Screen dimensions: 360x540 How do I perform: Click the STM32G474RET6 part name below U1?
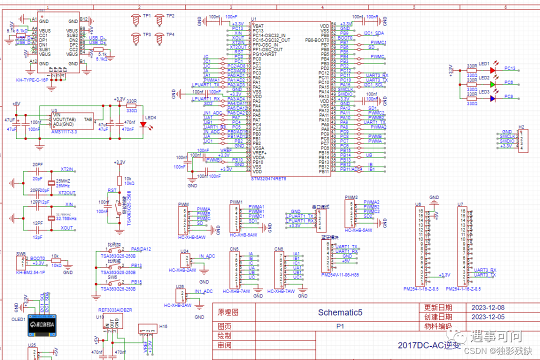(268, 178)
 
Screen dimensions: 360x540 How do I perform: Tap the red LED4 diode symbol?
(143, 125)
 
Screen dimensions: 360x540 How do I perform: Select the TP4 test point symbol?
(159, 38)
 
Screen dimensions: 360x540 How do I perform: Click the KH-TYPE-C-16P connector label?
(32, 80)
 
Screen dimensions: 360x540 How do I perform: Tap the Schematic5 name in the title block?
(340, 312)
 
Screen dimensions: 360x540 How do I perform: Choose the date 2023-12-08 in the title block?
(488, 307)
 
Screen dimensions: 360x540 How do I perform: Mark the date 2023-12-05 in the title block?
(488, 317)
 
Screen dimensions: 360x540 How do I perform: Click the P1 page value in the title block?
(340, 325)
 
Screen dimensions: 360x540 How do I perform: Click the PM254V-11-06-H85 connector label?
(340, 274)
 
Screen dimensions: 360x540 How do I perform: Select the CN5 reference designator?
(234, 249)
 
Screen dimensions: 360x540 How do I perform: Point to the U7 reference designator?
(460, 204)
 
